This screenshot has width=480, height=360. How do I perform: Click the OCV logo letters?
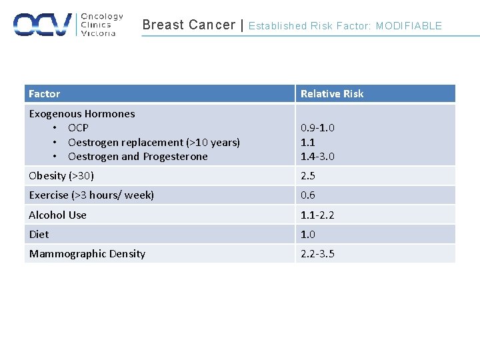[42, 25]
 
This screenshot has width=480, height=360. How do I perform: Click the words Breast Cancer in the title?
[189, 25]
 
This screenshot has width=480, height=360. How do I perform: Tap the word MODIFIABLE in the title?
[409, 26]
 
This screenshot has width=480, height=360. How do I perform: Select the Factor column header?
[44, 94]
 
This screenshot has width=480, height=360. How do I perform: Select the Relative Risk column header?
[332, 94]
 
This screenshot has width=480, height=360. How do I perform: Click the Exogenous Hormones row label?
[81, 114]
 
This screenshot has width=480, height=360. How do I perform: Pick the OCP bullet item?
[78, 128]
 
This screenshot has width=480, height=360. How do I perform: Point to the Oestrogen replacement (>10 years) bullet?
[154, 142]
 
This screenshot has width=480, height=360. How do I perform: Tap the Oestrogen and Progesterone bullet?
[138, 157]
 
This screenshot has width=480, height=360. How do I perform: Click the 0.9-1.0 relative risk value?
[317, 128]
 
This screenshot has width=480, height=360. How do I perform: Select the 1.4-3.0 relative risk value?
[317, 157]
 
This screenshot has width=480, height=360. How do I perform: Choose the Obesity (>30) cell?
[61, 176]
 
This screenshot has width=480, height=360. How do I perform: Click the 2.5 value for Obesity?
[308, 176]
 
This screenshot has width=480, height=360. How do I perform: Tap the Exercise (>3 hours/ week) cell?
[91, 195]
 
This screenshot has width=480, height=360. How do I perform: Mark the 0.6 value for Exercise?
[308, 195]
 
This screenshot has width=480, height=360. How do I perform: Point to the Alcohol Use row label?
[57, 215]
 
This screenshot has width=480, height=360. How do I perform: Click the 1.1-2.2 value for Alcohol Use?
[317, 215]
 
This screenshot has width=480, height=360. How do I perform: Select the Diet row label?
[39, 234]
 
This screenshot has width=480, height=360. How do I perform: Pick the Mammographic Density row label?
[87, 253]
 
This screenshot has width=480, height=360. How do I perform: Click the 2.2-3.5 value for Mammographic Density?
[317, 253]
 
